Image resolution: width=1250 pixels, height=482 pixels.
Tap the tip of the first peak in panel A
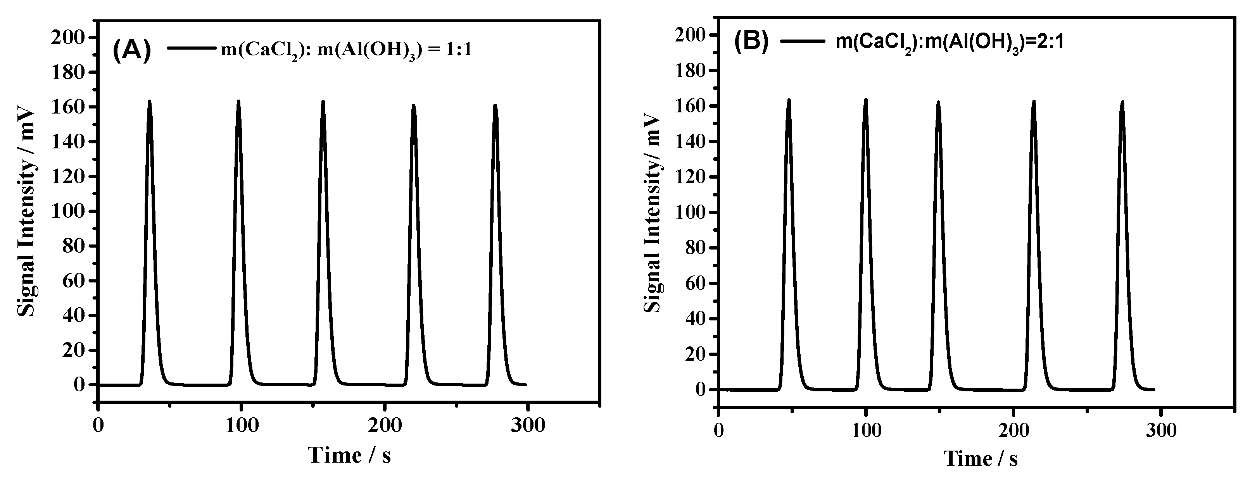click(149, 102)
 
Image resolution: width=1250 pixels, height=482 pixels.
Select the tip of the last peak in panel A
click(495, 105)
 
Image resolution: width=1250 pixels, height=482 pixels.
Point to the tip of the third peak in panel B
click(938, 102)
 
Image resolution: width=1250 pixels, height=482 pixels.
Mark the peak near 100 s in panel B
click(866, 100)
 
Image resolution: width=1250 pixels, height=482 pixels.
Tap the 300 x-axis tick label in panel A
click(527, 425)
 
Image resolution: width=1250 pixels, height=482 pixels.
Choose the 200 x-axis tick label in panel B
click(1013, 430)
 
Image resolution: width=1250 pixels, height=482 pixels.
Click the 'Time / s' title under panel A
click(349, 455)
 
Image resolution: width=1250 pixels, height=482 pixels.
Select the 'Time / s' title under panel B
click(981, 458)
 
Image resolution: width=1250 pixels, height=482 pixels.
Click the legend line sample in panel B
click(803, 41)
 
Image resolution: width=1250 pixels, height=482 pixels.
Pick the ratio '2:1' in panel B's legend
click(1048, 42)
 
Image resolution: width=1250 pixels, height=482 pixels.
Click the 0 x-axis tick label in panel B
click(719, 430)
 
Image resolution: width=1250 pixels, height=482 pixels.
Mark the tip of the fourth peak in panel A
click(413, 105)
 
